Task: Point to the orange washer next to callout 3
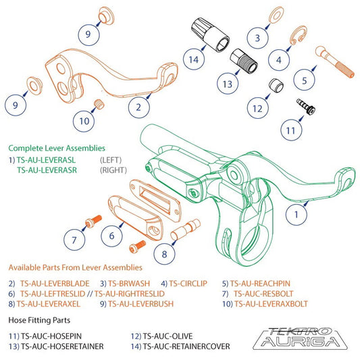(x=276, y=15)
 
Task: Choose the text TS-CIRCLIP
(x=191, y=284)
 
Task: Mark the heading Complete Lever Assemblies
(x=57, y=147)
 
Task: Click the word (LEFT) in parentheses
(x=111, y=160)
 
